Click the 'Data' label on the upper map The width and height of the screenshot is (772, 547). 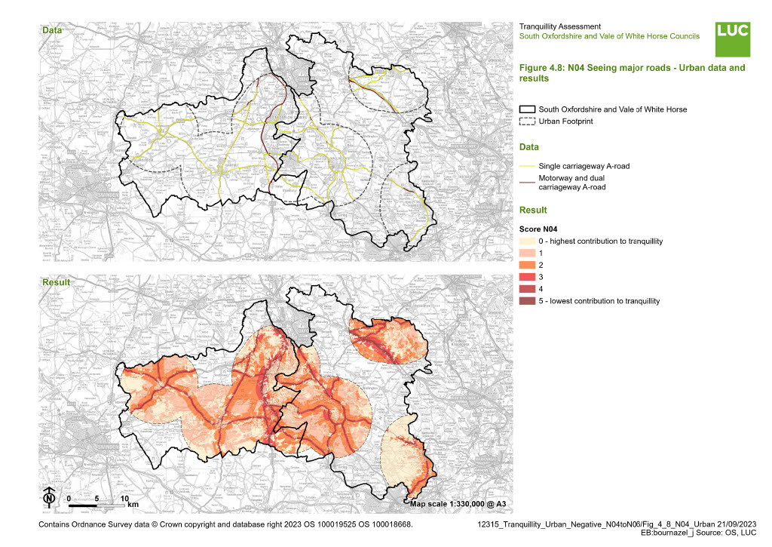52,31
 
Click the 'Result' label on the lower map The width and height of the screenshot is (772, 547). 55,282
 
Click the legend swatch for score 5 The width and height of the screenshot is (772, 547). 527,301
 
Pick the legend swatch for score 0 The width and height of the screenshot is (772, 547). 527,241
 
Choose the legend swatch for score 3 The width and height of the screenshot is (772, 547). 527,277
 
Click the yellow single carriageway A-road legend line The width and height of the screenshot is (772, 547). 527,166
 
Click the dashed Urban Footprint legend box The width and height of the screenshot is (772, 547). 527,121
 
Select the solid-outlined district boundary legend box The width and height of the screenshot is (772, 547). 527,109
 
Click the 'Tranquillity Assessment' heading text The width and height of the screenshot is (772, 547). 560,26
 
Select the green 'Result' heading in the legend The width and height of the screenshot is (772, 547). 534,210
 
